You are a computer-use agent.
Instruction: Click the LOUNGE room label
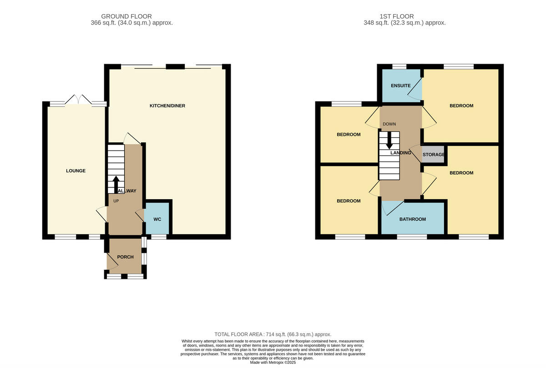[76, 171]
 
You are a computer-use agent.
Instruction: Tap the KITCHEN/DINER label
[167, 106]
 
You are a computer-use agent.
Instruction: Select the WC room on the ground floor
[157, 219]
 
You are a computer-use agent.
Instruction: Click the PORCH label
[125, 257]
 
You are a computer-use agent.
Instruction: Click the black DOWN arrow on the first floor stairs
[389, 140]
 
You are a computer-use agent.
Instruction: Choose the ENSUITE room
[400, 86]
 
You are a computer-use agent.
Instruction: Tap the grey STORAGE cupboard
[434, 155]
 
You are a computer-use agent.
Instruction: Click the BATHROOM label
[413, 219]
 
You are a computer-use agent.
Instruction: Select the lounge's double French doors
[79, 100]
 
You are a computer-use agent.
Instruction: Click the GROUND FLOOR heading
[126, 16]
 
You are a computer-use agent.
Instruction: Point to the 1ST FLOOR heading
[404, 16]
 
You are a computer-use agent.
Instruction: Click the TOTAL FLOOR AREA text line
[273, 334]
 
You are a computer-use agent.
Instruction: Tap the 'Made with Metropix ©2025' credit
[273, 363]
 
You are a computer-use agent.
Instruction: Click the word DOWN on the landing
[389, 124]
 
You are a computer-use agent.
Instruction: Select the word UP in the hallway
[116, 201]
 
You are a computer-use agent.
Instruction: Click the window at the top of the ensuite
[399, 67]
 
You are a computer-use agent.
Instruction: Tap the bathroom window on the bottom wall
[412, 237]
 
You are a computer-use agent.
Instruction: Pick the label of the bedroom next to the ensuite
[461, 106]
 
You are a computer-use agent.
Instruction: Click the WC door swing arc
[140, 213]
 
